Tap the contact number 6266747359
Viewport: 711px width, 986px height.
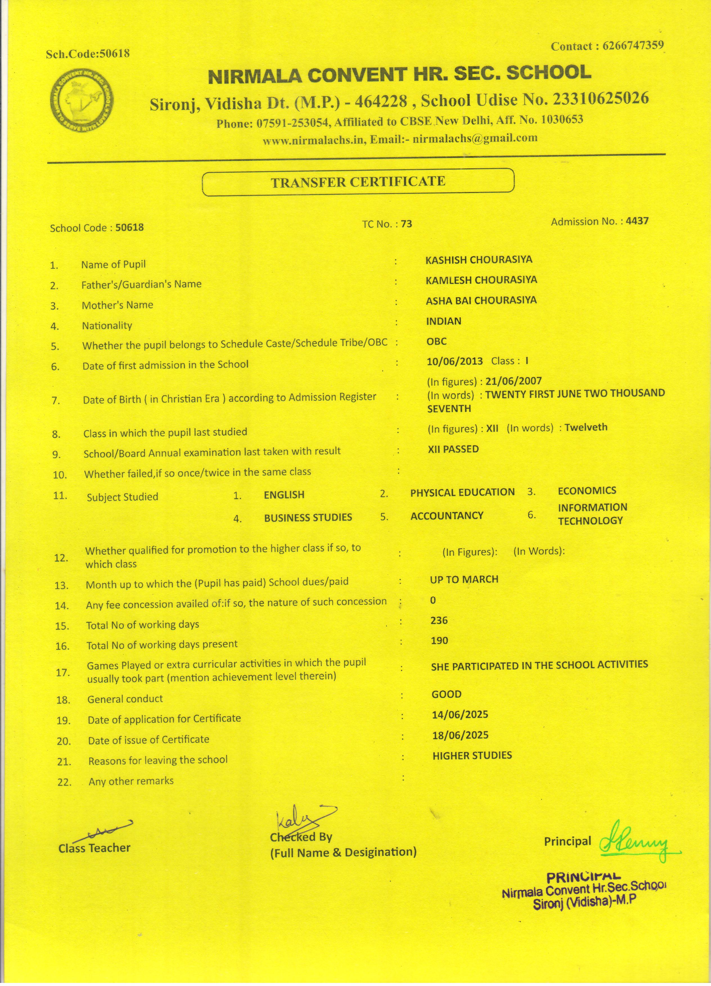tap(633, 46)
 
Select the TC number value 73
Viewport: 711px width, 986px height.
tap(407, 224)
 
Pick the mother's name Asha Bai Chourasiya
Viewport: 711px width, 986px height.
tap(481, 300)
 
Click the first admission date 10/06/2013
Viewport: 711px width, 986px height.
tap(455, 361)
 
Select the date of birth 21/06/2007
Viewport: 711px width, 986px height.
tap(514, 381)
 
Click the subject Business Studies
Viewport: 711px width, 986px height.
tap(308, 517)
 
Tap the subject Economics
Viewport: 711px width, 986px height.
tap(587, 490)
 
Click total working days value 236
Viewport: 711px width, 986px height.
tap(439, 621)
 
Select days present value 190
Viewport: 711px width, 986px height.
tap(439, 640)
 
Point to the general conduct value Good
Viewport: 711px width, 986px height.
tap(446, 694)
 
